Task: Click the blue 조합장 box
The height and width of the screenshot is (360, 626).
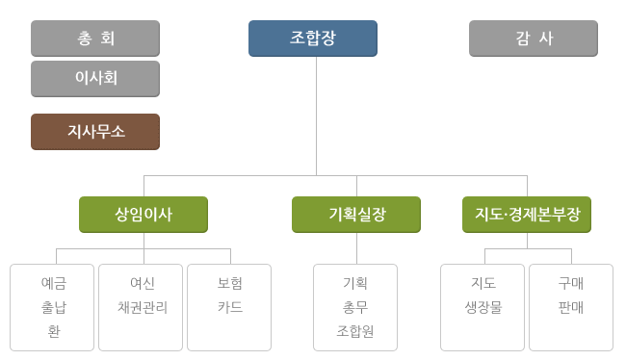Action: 312,39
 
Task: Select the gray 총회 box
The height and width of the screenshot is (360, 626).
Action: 95,39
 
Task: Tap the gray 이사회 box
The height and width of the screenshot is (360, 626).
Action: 95,79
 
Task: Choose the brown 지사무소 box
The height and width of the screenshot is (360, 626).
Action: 95,132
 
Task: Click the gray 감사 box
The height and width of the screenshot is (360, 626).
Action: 533,39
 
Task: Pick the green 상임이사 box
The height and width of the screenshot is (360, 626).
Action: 143,215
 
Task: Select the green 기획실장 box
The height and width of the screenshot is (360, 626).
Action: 356,215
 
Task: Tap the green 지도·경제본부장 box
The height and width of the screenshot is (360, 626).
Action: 527,215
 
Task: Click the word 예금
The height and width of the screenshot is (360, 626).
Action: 54,284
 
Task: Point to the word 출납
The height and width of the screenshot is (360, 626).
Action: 54,308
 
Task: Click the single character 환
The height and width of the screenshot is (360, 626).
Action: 54,332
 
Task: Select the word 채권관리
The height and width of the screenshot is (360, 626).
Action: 143,308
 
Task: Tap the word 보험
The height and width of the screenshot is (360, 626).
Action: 230,284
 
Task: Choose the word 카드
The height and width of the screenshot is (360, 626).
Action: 230,308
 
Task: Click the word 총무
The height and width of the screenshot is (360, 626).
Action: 355,308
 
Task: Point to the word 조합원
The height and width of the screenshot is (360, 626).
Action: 355,332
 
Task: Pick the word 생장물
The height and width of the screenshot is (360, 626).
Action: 483,308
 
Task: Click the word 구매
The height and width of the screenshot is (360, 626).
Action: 571,284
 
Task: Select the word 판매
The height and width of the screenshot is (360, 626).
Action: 571,308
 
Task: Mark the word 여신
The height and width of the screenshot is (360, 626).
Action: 143,284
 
